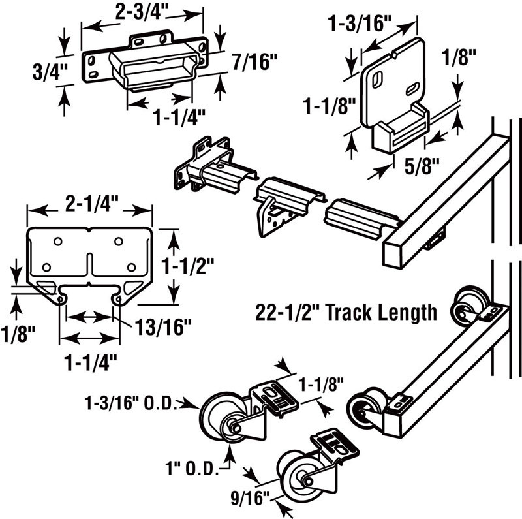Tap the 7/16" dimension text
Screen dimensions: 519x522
(254, 62)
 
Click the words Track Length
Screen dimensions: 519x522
(381, 312)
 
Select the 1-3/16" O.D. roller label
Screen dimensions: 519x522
(131, 403)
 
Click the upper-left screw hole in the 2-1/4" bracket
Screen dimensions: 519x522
(57, 242)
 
